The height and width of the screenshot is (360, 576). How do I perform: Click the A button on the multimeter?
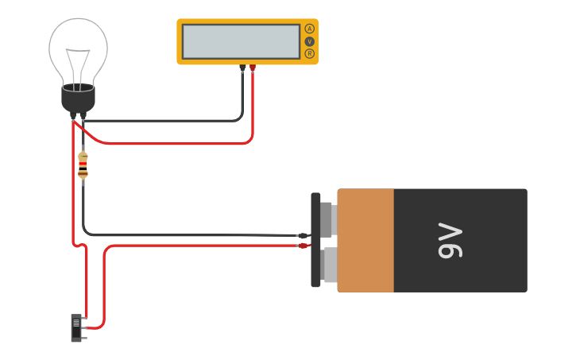[309, 29]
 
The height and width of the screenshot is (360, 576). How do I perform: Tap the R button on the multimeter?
[309, 53]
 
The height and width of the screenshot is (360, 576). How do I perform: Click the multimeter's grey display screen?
[241, 41]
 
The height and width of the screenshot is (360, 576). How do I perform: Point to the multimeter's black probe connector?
[242, 68]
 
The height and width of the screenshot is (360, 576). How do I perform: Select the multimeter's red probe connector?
[253, 68]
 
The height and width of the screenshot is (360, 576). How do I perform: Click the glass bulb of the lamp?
[78, 48]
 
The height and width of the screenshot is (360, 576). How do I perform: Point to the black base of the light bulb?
[78, 99]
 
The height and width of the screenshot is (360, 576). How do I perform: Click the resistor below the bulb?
[83, 165]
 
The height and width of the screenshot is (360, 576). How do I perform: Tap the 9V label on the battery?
[450, 241]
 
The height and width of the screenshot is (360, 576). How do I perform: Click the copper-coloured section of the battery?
[365, 240]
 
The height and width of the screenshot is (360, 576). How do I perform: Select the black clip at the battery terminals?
[303, 235]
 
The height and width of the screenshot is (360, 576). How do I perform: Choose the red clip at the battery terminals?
[303, 246]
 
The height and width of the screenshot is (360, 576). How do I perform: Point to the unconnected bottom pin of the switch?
[84, 336]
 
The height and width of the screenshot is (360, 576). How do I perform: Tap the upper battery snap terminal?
[327, 219]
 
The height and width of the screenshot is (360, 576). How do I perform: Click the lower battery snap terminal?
[329, 265]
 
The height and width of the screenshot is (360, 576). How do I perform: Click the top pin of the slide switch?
[84, 318]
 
